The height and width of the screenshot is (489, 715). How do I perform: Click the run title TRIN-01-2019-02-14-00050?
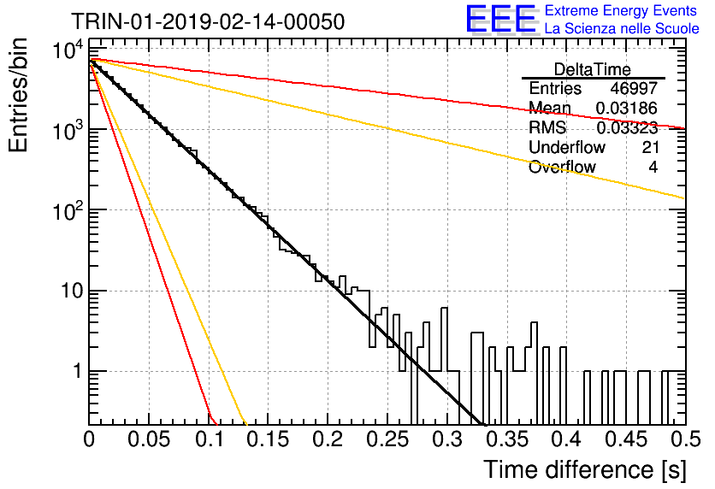(208, 21)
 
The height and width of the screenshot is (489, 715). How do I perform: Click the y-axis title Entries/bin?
(19, 96)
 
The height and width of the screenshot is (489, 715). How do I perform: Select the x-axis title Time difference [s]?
(585, 470)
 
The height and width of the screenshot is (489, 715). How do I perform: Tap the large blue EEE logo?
(500, 19)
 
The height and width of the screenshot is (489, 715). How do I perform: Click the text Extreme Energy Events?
(621, 10)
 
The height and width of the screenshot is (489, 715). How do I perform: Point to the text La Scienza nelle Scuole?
(622, 28)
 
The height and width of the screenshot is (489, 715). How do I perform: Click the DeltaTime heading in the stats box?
(593, 69)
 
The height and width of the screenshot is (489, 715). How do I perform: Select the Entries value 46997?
(634, 88)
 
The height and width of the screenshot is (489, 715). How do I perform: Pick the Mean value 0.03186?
(627, 108)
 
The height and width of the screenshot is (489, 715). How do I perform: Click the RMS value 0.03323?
(627, 127)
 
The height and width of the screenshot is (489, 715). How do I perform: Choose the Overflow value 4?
(653, 167)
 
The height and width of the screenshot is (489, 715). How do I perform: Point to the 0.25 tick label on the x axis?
(387, 439)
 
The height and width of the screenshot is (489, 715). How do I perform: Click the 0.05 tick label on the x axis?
(148, 439)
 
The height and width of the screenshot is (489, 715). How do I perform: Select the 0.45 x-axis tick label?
(626, 439)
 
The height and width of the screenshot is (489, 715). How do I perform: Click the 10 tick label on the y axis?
(72, 291)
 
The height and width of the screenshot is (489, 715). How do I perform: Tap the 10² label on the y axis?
(68, 210)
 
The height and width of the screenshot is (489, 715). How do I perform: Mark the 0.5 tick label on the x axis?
(685, 439)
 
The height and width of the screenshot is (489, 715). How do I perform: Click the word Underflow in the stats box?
(567, 147)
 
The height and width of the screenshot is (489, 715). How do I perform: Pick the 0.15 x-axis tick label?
(268, 439)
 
